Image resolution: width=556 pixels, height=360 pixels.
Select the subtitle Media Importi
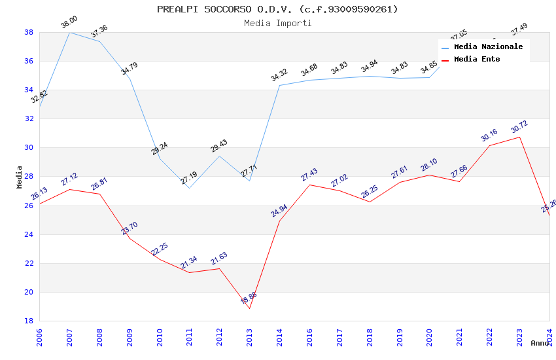(x=277, y=23)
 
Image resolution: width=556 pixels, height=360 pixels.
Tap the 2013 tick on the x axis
(x=249, y=336)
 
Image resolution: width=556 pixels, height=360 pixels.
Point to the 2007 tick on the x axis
(x=69, y=336)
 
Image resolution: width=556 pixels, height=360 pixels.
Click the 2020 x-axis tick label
(x=430, y=336)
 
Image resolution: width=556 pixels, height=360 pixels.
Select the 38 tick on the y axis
(x=29, y=32)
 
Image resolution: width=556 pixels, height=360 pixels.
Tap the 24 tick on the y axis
(x=29, y=234)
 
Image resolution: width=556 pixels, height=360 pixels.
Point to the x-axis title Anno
(x=540, y=343)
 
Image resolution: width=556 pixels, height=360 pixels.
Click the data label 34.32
(x=279, y=75)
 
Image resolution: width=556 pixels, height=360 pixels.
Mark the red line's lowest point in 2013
(x=249, y=308)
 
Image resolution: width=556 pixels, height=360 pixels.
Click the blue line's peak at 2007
(x=69, y=32)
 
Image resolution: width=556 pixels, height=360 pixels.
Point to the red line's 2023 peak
(x=519, y=137)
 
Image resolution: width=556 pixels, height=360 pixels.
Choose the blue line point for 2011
(x=189, y=188)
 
